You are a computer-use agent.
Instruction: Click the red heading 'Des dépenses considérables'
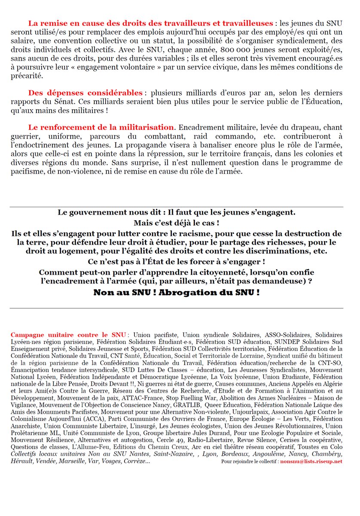click(x=85, y=93)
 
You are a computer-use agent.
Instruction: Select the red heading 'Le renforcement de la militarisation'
click(x=101, y=127)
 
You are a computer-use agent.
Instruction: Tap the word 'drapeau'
click(x=305, y=128)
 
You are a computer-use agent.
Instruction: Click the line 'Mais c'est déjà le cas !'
click(x=176, y=223)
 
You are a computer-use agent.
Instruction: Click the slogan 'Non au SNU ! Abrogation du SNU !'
click(x=176, y=292)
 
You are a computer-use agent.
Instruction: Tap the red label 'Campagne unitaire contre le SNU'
click(x=68, y=335)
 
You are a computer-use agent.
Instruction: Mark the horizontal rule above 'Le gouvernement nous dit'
click(x=176, y=207)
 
